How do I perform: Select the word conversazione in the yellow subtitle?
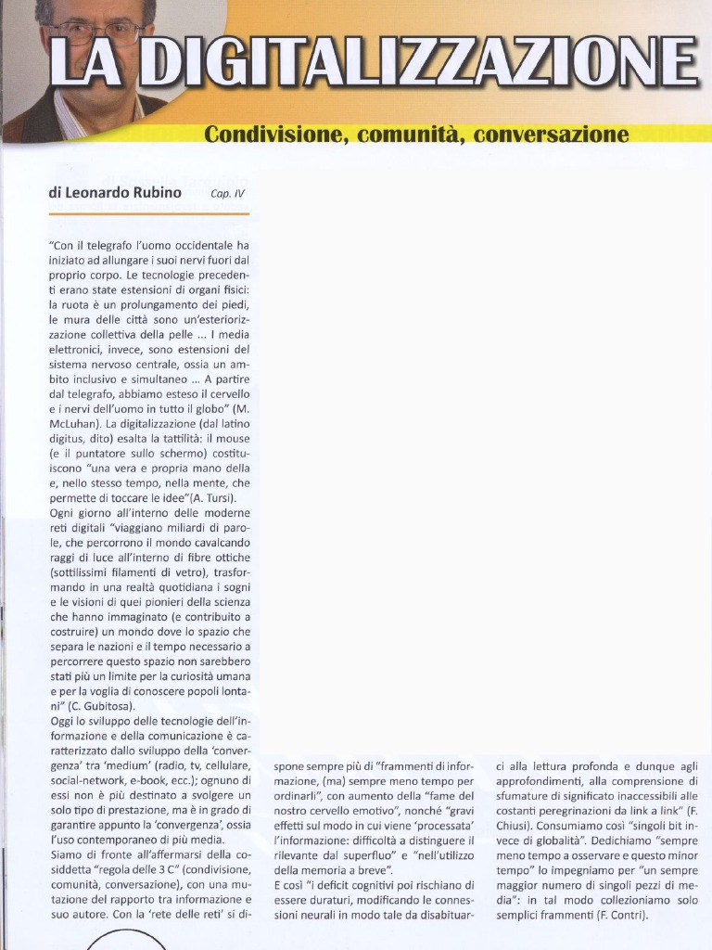(551, 135)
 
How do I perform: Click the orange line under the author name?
(148, 213)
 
